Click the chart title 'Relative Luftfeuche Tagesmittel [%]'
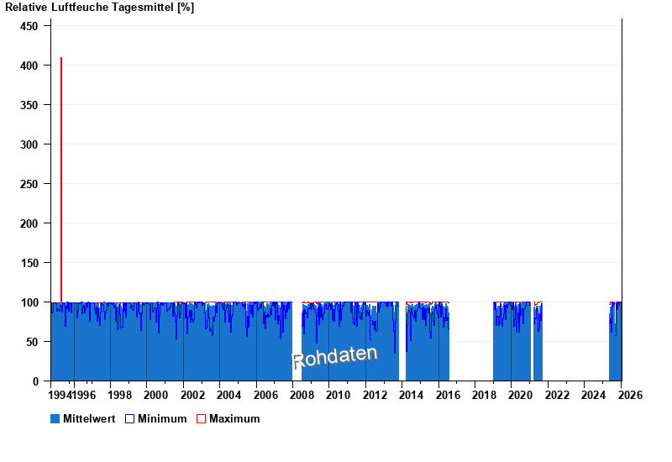[x=99, y=8]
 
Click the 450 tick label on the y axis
[x=29, y=26]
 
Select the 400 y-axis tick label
[x=29, y=66]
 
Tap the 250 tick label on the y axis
[x=29, y=184]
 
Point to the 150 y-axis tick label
[x=29, y=263]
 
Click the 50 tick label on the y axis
[x=32, y=342]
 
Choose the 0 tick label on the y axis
[x=35, y=381]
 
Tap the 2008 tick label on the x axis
[x=302, y=395]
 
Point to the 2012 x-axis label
[x=375, y=395]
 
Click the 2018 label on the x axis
[x=485, y=395]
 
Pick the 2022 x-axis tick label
[x=558, y=395]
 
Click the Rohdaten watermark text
[x=334, y=357]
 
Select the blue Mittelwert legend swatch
[x=55, y=418]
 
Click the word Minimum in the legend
[x=162, y=418]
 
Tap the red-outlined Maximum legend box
[x=201, y=418]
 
